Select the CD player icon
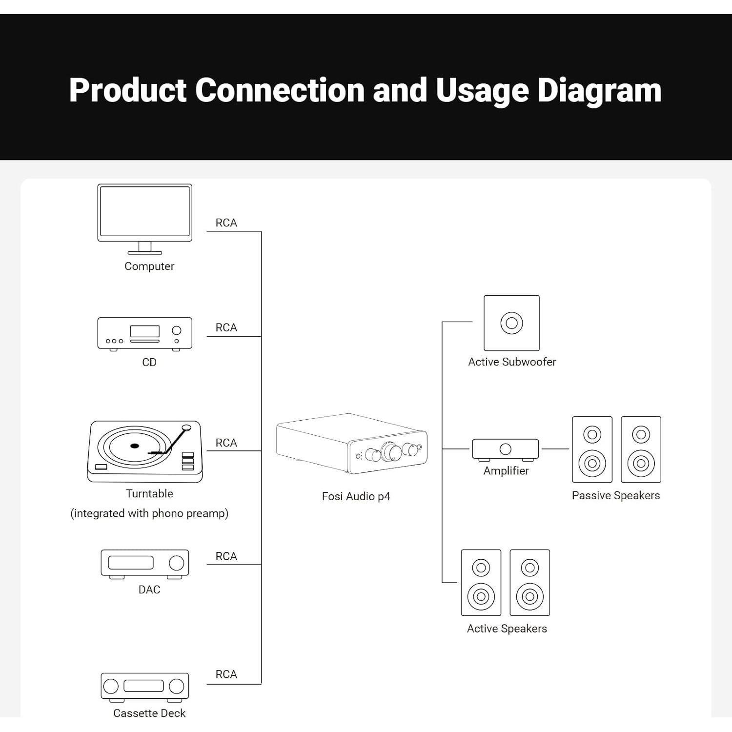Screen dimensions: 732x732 [144, 333]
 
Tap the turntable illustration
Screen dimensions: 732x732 [144, 451]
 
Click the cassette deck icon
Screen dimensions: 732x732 [144, 686]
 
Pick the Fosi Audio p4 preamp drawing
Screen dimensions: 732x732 [351, 444]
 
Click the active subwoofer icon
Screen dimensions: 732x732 [511, 323]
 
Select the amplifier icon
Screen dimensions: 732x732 [505, 449]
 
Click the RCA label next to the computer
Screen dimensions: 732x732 [226, 223]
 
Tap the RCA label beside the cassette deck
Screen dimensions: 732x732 [226, 674]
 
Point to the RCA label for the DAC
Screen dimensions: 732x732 [226, 556]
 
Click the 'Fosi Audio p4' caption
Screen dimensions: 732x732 [356, 496]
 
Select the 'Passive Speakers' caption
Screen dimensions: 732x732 [615, 495]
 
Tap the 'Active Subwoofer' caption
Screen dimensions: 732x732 [512, 362]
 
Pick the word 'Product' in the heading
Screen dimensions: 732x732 [128, 90]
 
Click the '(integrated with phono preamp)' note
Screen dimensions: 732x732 [149, 513]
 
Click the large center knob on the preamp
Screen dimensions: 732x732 [391, 451]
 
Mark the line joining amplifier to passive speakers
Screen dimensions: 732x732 [555, 448]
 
